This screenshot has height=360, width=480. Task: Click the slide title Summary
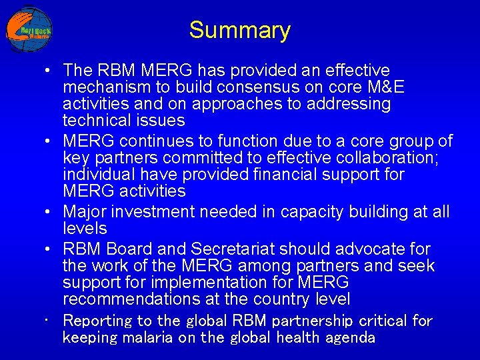tap(239, 30)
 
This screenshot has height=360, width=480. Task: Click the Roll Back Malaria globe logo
tap(29, 29)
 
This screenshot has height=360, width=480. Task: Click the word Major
tap(84, 212)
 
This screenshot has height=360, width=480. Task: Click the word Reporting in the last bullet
tap(93, 321)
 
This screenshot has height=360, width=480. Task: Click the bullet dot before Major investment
tap(49, 212)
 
